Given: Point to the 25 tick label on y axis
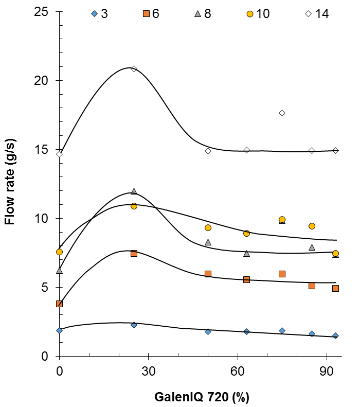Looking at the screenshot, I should pos(41,11).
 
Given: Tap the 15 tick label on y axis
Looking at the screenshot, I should pos(41,150).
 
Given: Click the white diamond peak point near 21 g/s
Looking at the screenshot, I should pos(134,68).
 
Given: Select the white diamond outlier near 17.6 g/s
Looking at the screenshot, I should pos(282,113).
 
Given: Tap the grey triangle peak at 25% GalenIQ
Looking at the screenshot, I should pos(134,191).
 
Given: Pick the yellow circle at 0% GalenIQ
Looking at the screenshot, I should pos(59,252).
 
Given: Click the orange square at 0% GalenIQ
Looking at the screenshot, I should pos(59,304).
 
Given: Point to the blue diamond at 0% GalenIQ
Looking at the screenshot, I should pos(59,330).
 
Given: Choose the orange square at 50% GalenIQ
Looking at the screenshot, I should pos(208,274).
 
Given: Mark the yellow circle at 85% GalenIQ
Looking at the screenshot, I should pos(312,226).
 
